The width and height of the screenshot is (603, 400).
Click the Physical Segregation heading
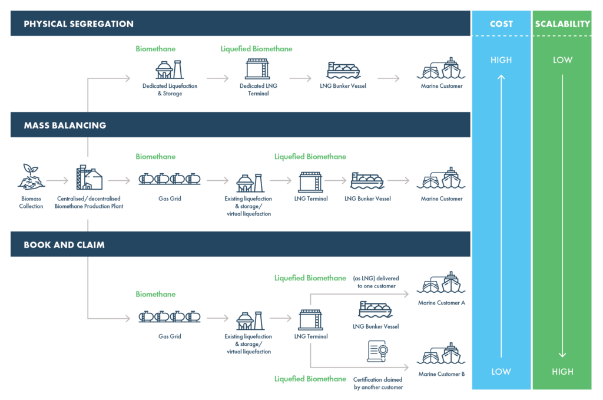coord(78,24)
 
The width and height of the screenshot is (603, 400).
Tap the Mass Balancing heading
coord(65,125)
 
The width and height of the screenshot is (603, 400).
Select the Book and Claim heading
coord(64,244)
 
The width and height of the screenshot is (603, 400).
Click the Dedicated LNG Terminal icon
coord(257,69)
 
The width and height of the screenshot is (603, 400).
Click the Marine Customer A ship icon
coord(441,283)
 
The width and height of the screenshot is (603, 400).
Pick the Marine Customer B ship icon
coord(441,355)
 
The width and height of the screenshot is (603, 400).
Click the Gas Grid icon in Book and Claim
coord(170,318)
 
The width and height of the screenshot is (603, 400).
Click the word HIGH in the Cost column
coord(501,60)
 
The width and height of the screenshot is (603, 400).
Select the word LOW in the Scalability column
coord(562,60)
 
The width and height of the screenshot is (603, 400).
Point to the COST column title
coord(501,24)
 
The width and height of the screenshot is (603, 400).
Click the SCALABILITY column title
coord(562,24)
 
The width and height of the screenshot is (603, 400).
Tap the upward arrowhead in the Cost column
coord(501,77)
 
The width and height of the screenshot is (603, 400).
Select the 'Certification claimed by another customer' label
coord(378,384)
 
